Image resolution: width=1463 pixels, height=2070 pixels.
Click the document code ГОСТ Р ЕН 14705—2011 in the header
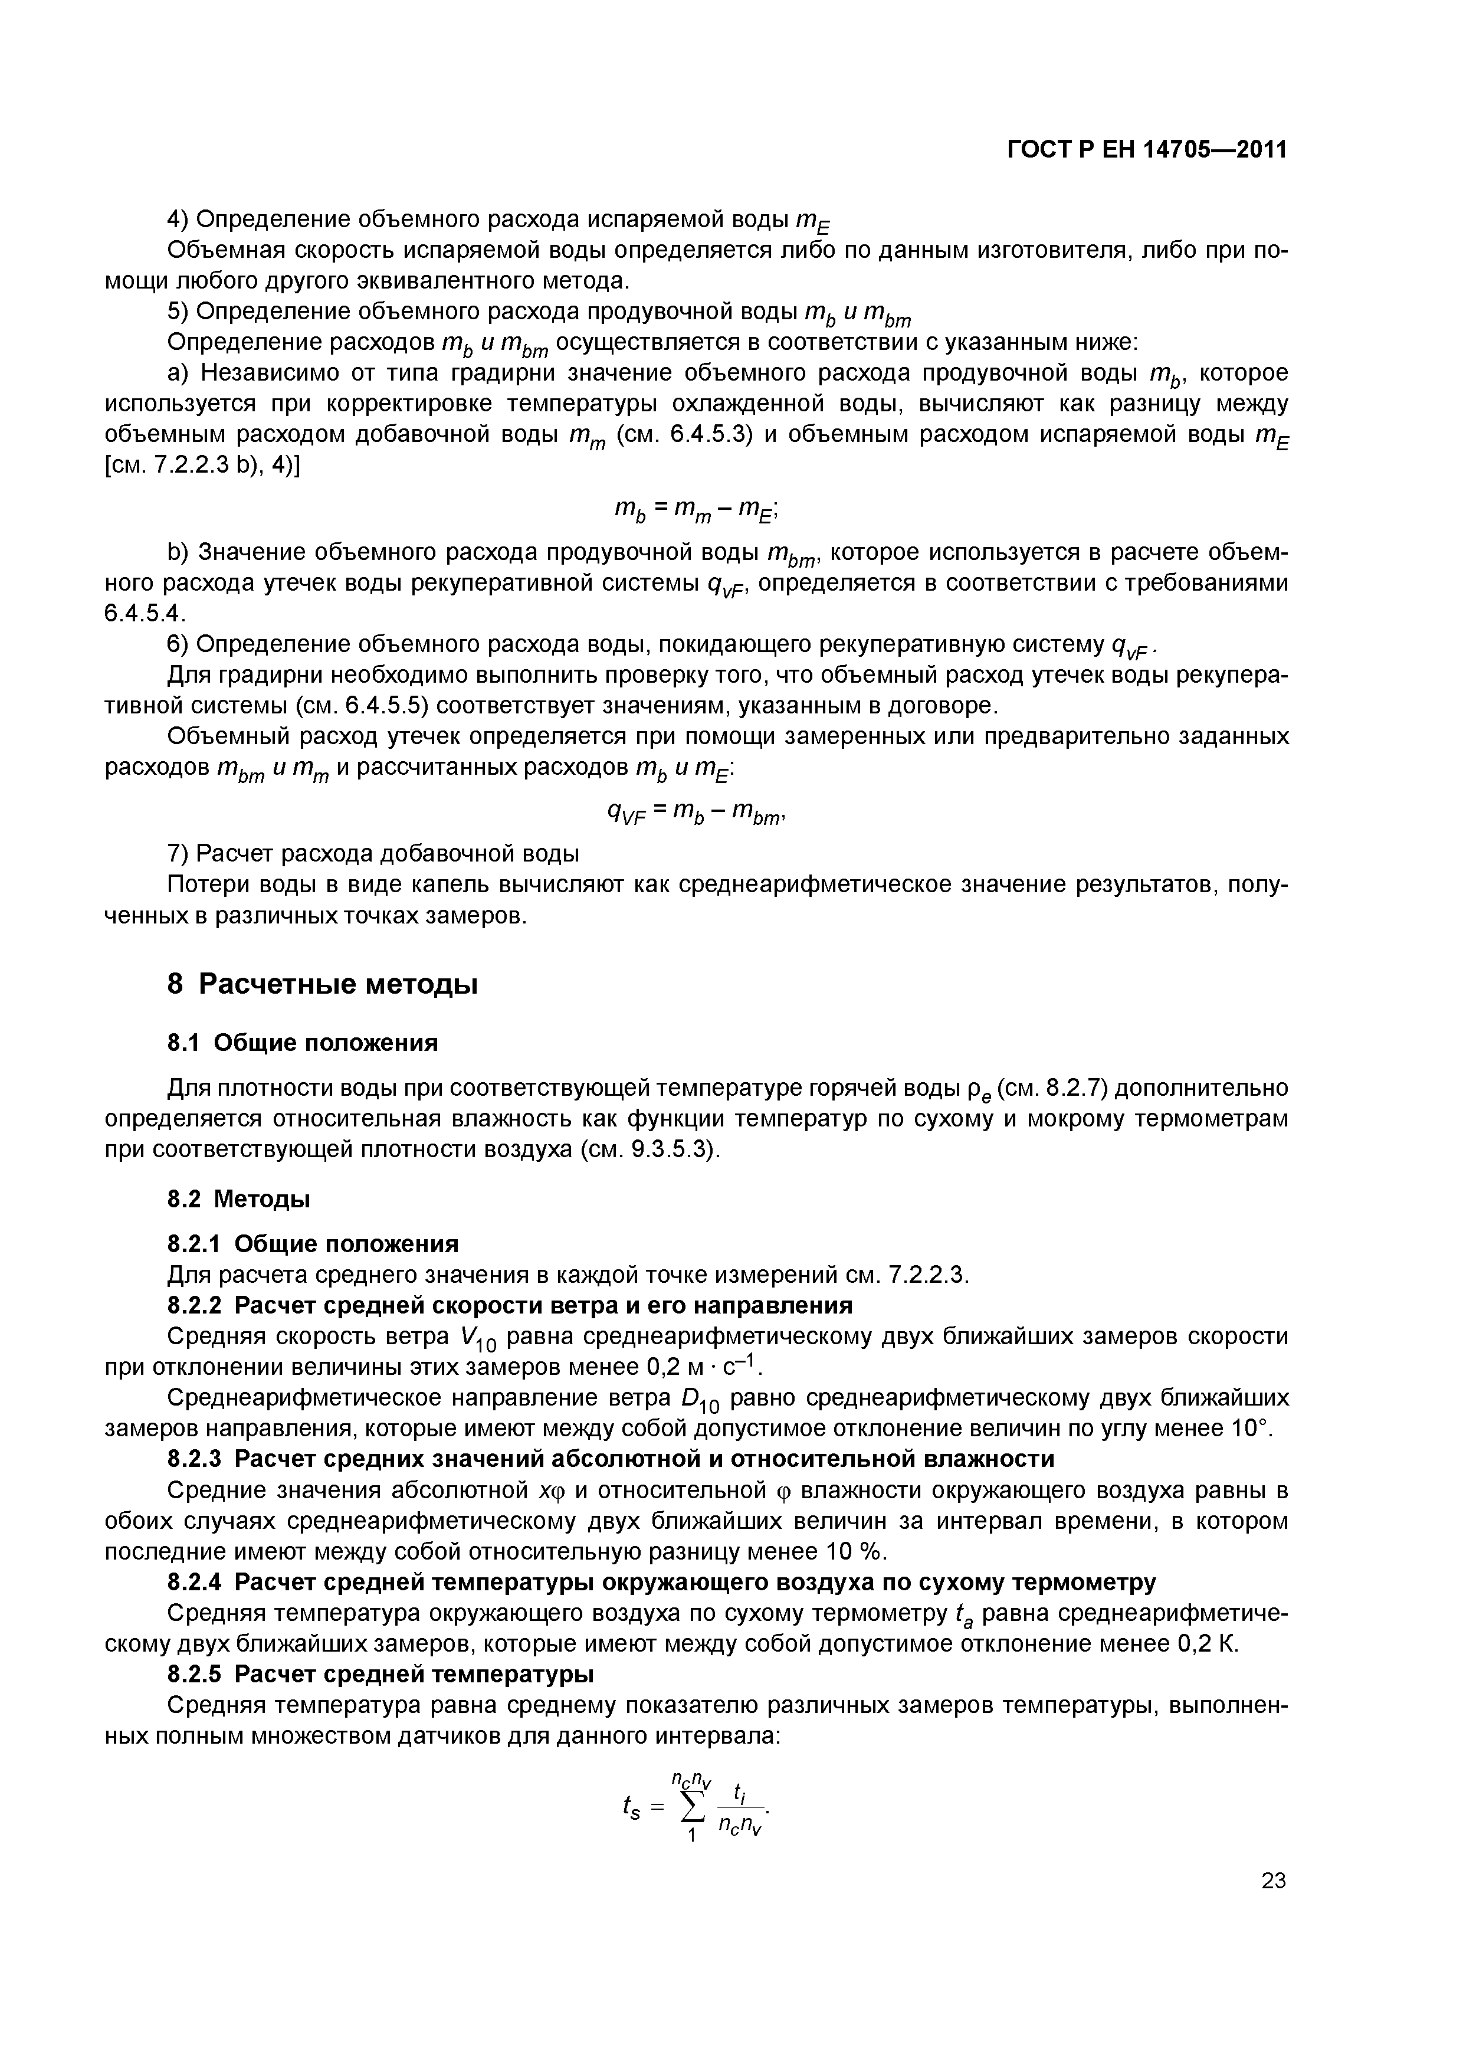coord(1147,150)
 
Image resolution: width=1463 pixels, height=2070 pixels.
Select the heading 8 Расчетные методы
coord(322,984)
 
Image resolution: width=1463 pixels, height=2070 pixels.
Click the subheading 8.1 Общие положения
coord(303,1043)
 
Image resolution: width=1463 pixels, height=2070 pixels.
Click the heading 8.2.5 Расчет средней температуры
coord(380,1674)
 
